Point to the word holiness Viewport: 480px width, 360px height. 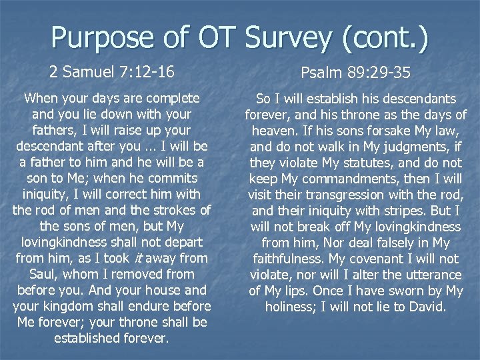point(292,307)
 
